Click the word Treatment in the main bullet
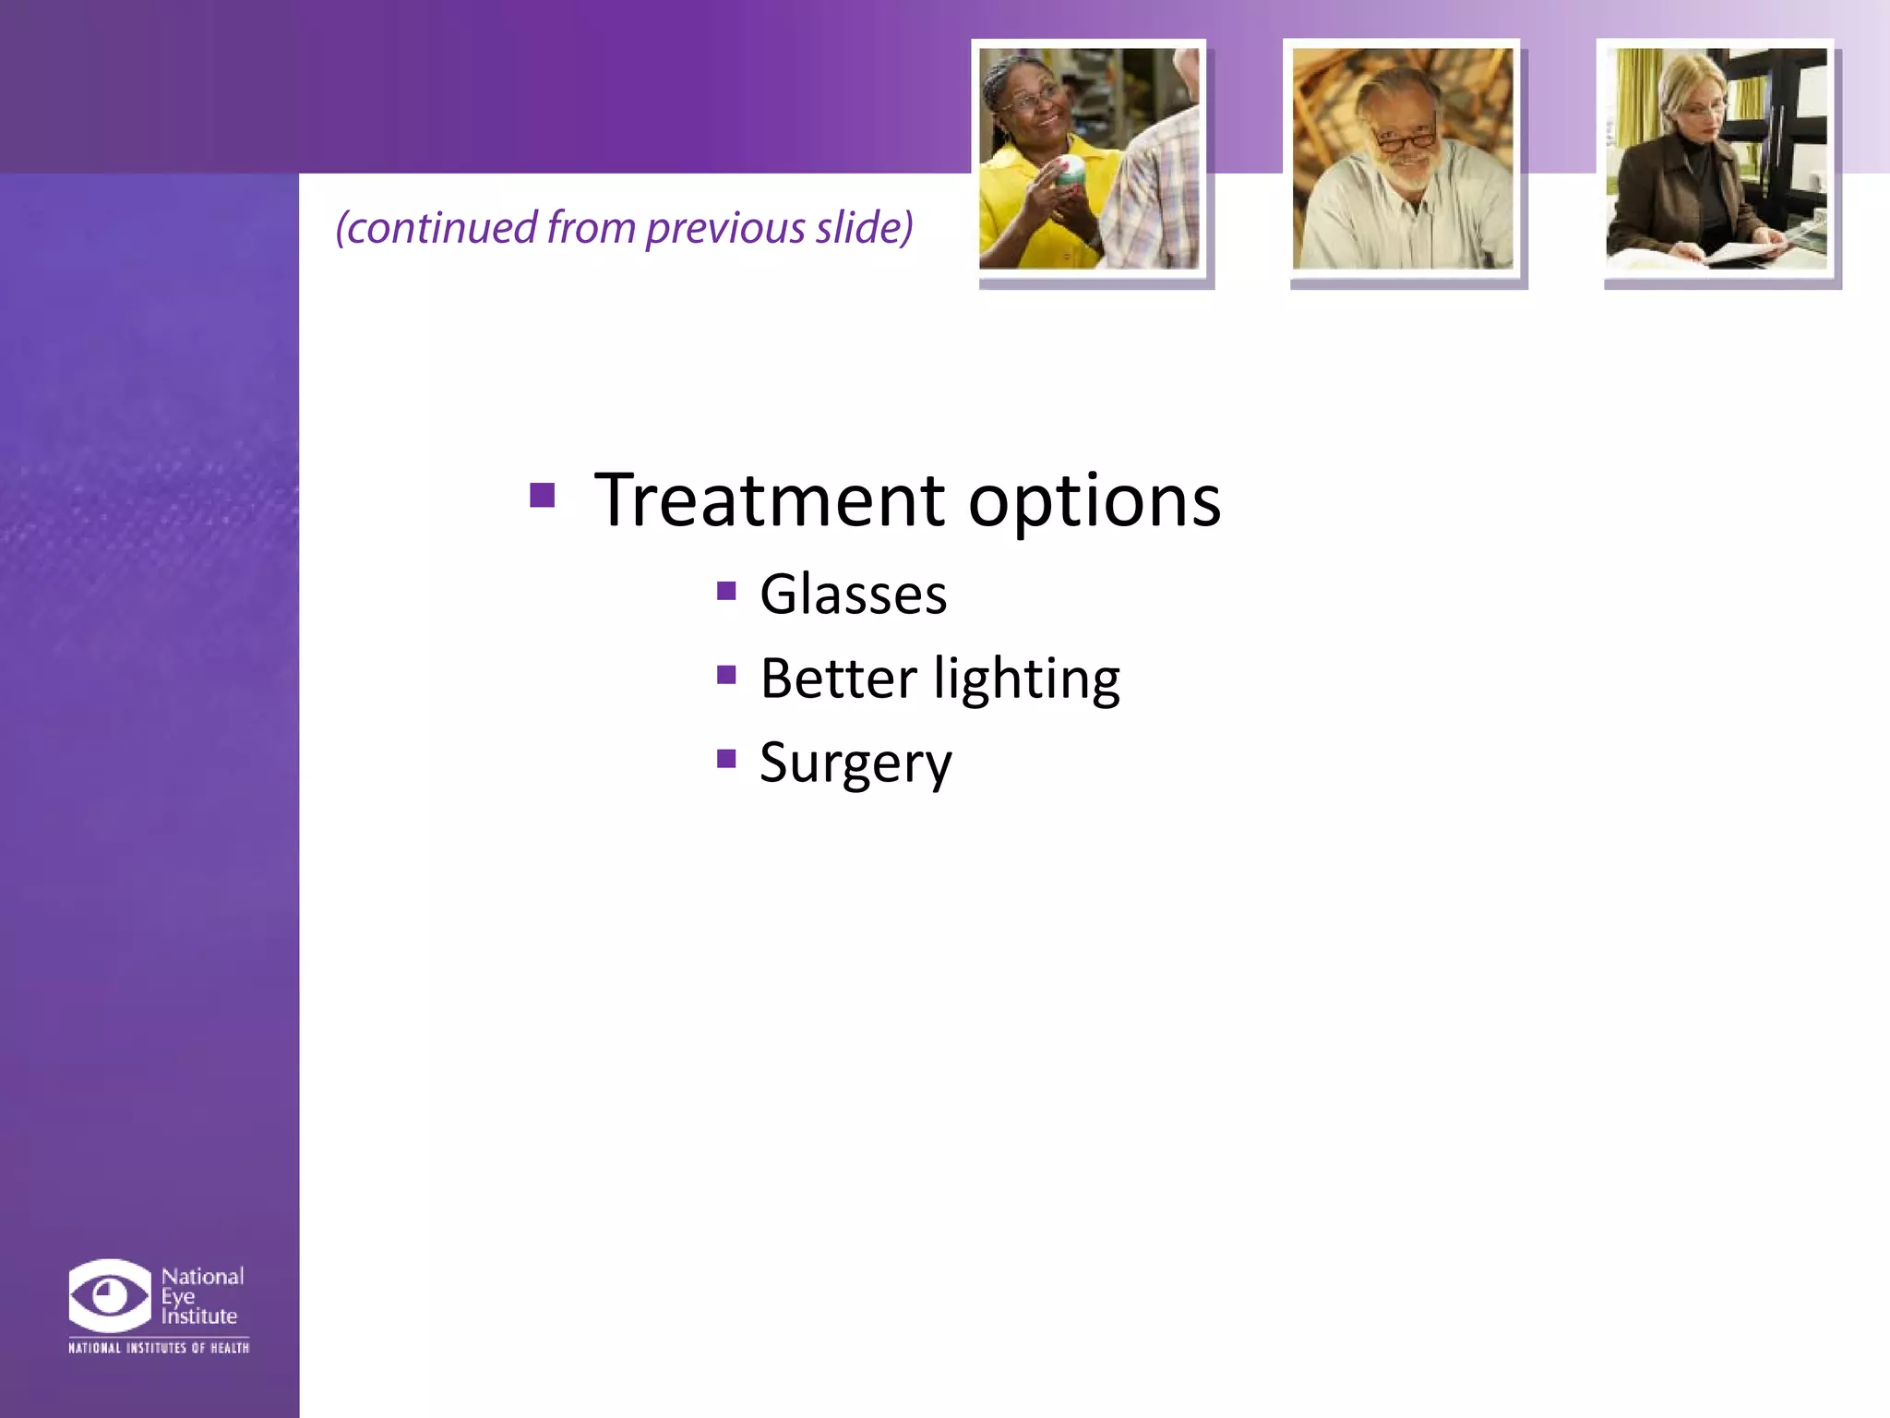769,500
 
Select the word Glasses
853,594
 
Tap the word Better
838,679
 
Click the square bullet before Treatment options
543,496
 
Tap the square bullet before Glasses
726,590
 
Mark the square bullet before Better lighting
726,675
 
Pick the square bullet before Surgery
726,759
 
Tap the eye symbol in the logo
109,1295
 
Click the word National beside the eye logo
202,1276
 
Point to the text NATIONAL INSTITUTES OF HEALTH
159,1348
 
